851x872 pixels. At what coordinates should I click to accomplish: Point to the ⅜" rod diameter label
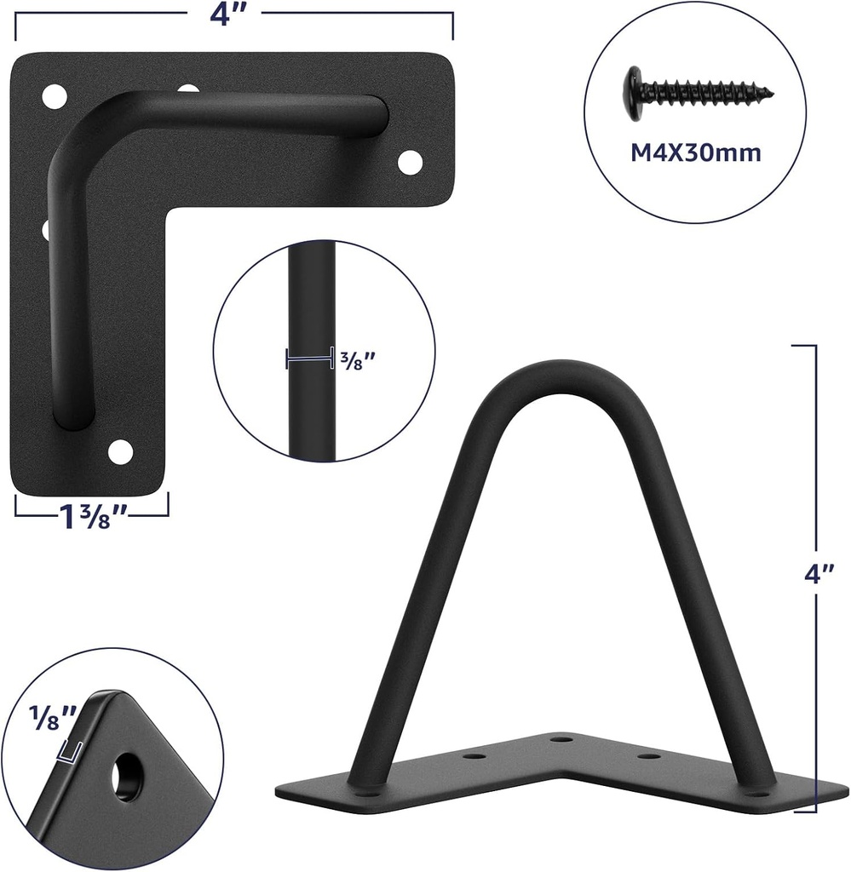coord(358,361)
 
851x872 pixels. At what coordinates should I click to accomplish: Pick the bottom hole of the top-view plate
coord(122,450)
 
